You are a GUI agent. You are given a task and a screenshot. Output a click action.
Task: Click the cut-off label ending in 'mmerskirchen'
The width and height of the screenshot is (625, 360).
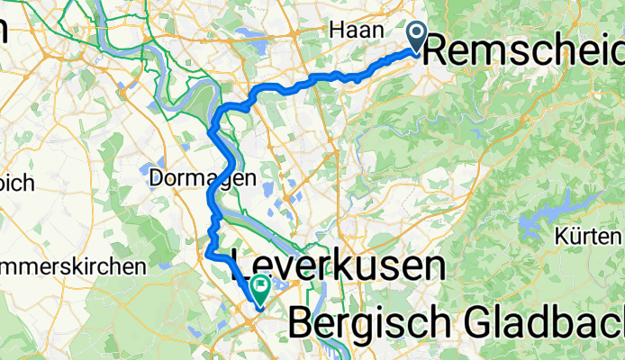(72, 267)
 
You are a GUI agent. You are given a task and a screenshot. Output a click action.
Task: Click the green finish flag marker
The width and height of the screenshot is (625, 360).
(261, 290)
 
